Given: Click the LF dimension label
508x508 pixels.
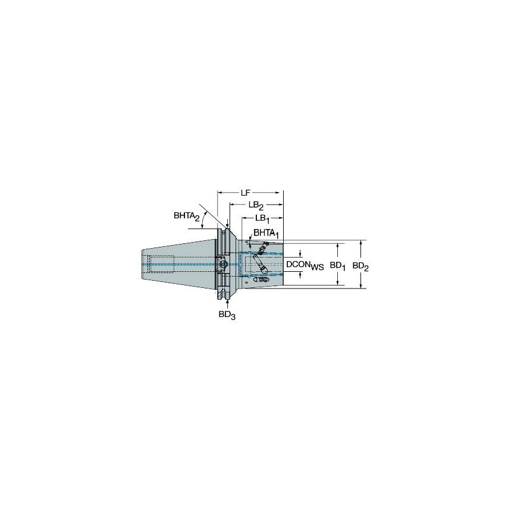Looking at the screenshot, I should tap(245, 193).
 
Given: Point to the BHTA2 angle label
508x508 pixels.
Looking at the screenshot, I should tap(186, 217).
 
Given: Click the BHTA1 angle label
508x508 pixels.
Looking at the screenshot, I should tap(265, 233).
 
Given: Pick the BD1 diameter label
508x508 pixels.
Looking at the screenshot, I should tap(338, 265).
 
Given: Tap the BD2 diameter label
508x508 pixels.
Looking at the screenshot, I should tap(360, 266).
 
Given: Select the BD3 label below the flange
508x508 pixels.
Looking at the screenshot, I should tap(226, 315).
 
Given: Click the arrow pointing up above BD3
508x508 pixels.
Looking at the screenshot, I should tap(223, 302).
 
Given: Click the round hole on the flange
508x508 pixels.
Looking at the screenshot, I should tap(223, 264).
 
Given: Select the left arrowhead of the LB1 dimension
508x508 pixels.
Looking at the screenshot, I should tap(242, 218).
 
